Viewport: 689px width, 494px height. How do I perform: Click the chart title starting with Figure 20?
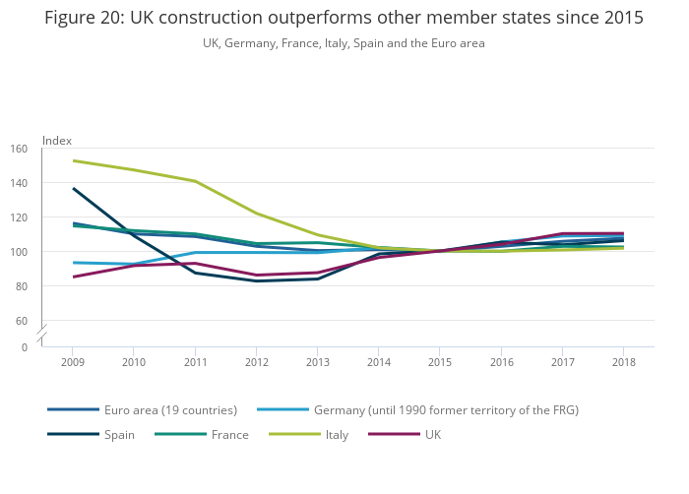[x=344, y=19]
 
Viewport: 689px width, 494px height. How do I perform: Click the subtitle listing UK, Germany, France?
[x=344, y=43]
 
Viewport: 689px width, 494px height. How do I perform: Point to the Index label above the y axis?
[x=56, y=141]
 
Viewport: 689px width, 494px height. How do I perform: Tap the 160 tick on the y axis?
[x=20, y=149]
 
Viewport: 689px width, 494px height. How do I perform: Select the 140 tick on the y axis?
[x=20, y=183]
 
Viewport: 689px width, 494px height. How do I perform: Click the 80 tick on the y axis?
[x=22, y=286]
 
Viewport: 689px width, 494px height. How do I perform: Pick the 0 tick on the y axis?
[x=25, y=346]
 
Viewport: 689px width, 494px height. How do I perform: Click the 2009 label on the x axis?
[x=73, y=362]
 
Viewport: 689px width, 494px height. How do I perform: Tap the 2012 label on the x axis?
[x=256, y=362]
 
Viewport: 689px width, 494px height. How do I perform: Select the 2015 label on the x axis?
[x=439, y=362]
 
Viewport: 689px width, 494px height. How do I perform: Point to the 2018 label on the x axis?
[x=622, y=362]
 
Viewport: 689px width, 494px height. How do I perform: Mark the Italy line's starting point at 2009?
[x=73, y=160]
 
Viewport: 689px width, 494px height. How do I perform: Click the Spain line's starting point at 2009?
[x=73, y=188]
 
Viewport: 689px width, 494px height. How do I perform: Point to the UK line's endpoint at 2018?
[x=622, y=233]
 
